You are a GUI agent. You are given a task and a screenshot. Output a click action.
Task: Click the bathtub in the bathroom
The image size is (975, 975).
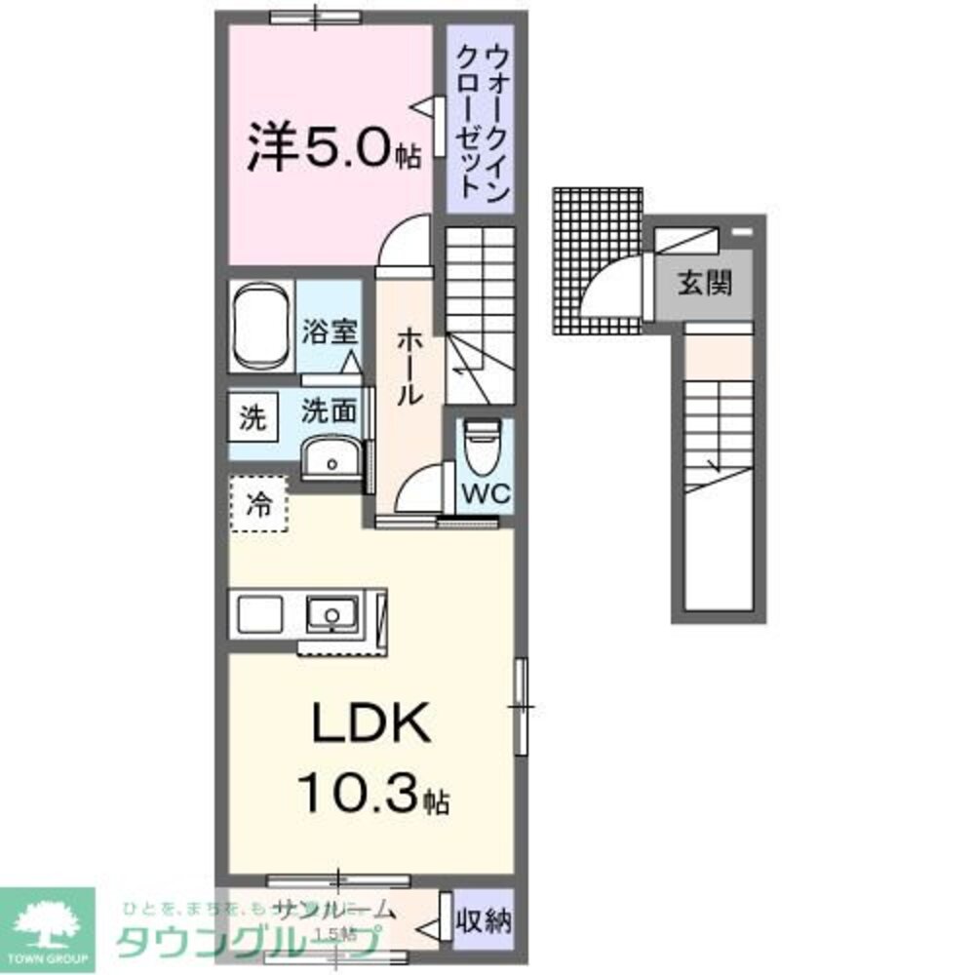[x=261, y=327]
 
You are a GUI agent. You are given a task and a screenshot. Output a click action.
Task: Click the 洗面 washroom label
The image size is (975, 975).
[x=328, y=411]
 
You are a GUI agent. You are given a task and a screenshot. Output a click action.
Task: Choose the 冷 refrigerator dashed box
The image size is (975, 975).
[x=259, y=504]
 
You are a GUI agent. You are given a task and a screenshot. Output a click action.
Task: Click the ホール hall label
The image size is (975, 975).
[x=409, y=366]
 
